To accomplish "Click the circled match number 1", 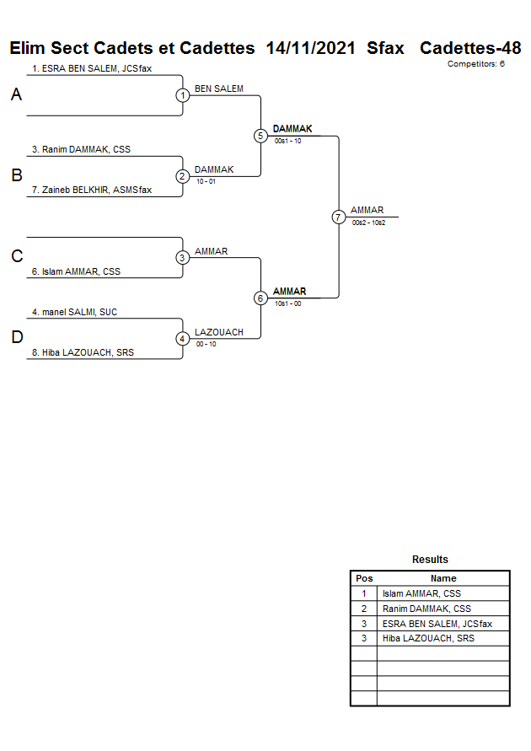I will coord(183,95).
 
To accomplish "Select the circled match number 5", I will coord(260,136).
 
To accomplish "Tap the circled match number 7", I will coord(338,217).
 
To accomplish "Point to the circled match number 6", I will coord(260,298).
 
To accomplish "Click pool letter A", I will coord(16,95).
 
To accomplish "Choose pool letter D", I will coord(16,338).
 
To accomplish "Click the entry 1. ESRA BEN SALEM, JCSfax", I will coord(92,68).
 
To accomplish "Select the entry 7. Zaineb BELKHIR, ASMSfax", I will coord(92,190).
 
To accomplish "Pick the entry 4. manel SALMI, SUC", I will coord(74,312).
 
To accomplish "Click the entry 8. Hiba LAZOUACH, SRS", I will coord(88,353).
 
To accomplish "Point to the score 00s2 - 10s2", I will coord(368,223).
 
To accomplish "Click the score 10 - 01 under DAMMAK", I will coord(206,181).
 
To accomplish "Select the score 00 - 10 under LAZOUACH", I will coord(206,344).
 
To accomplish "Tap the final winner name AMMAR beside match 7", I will coord(367,210).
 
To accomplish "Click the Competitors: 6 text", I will coord(475,64).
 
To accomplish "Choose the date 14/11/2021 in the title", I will coord(310,48).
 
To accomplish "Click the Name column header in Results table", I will coord(443,578).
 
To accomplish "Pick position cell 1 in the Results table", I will coord(364,593).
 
